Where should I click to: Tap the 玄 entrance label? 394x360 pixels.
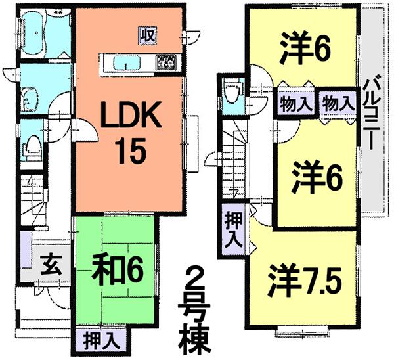48,266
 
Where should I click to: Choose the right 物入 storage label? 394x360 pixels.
335,103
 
